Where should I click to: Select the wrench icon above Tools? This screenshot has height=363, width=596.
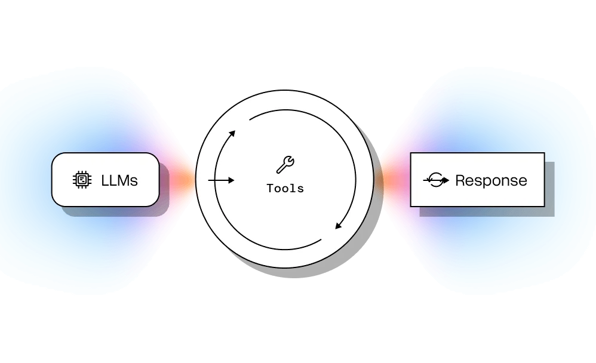point(285,164)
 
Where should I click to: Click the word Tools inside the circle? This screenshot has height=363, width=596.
point(285,189)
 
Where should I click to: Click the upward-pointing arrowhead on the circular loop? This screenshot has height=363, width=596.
point(232,133)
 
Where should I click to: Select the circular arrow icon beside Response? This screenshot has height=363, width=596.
point(436,180)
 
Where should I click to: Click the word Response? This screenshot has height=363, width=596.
point(491,180)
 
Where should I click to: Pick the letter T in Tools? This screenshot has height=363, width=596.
point(270,189)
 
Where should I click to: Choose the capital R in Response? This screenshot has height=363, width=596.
point(460,180)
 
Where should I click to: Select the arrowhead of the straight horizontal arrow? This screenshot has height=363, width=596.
point(231,180)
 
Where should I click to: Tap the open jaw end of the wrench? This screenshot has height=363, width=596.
point(290,159)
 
